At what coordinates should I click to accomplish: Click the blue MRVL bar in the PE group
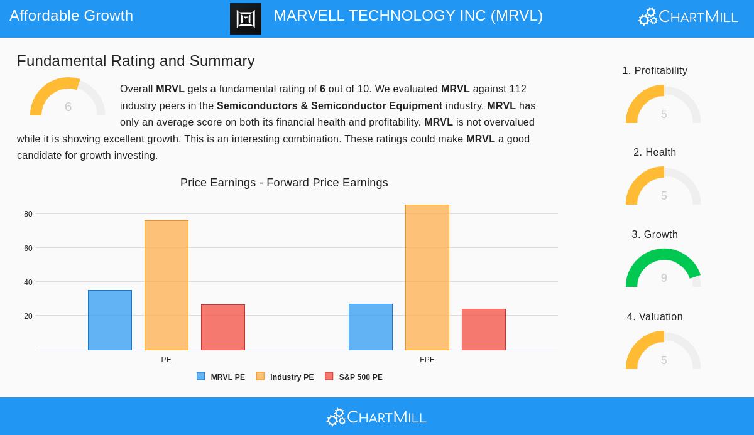(110, 320)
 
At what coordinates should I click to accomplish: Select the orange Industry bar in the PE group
(167, 286)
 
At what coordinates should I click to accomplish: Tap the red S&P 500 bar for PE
(223, 327)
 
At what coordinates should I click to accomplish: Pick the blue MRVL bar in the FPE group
(371, 327)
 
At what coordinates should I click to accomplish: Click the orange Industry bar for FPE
(427, 277)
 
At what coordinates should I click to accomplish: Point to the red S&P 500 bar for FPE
(484, 330)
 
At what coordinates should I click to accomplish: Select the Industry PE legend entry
(285, 377)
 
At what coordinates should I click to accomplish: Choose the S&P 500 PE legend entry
(354, 377)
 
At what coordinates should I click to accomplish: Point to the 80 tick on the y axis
(28, 214)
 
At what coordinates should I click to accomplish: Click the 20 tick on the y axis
(28, 316)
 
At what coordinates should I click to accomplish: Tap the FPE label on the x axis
(427, 360)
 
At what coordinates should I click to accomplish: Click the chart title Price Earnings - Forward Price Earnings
(284, 183)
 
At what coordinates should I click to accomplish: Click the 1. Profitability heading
(655, 71)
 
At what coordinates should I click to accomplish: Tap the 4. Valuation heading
(655, 317)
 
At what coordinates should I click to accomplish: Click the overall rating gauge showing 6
(68, 97)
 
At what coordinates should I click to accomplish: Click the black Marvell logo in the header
(246, 19)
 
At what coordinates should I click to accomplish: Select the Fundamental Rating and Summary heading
(136, 61)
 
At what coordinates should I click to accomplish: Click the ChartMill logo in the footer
(377, 417)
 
